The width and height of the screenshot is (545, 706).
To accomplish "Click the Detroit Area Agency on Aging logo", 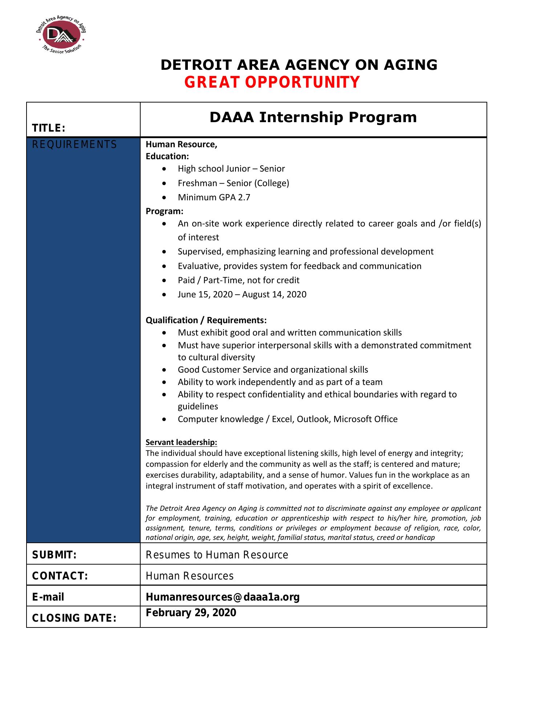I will (x=61, y=35).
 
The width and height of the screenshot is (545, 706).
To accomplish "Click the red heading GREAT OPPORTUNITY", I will (x=272, y=82).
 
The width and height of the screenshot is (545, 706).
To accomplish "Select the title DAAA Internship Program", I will (x=313, y=117).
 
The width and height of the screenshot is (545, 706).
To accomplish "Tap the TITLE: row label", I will (x=49, y=128).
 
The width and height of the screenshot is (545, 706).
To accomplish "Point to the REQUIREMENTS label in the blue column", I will (x=74, y=145).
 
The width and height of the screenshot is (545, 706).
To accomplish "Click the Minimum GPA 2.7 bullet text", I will (x=214, y=197).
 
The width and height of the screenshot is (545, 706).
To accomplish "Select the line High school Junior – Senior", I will (x=231, y=169).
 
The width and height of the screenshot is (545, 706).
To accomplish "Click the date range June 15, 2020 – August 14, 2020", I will (x=242, y=294).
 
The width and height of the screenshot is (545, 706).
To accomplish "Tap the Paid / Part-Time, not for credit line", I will (x=238, y=280).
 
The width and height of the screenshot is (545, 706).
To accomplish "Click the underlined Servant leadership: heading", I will (x=181, y=442).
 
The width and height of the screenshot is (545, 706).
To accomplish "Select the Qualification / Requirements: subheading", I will (x=206, y=320).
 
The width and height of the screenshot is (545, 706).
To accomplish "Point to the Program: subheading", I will (x=164, y=211).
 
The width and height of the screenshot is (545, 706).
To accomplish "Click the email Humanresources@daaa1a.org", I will (x=222, y=597).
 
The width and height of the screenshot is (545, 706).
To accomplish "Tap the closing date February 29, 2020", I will (x=191, y=613).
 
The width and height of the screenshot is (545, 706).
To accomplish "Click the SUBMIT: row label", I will (x=54, y=555).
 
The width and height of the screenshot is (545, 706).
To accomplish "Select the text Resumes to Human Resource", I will (x=217, y=555).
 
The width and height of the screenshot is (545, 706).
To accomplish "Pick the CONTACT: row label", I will (x=60, y=576).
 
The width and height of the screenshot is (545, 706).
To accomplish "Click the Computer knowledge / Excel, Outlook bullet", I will (x=287, y=419).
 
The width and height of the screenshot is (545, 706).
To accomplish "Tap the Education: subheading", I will (x=167, y=156).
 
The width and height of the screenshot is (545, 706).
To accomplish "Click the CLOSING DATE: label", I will (x=74, y=618).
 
